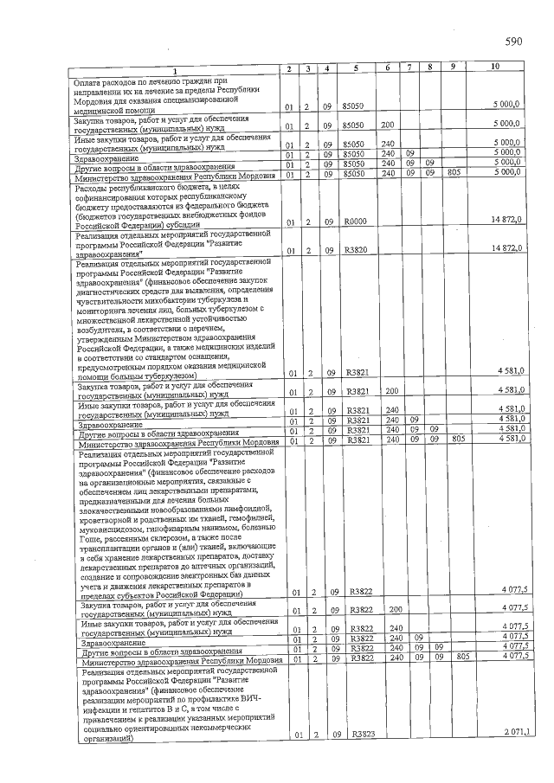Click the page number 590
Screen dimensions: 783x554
coord(512,42)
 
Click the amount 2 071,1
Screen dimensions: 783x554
coord(516,734)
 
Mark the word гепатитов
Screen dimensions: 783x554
coord(132,709)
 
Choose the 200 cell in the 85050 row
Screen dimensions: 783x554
coord(388,124)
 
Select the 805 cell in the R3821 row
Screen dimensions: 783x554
coord(461,439)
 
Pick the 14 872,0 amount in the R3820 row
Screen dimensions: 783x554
coord(506,249)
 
